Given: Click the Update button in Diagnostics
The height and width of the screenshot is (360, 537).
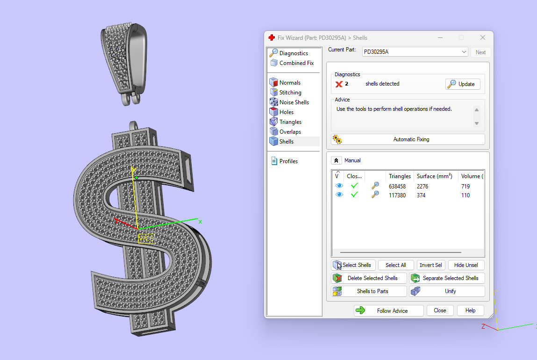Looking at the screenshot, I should point(462,84).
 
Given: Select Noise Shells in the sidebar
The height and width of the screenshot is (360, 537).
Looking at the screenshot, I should point(294,102).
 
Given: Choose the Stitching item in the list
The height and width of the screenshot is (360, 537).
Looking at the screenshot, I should point(290,93).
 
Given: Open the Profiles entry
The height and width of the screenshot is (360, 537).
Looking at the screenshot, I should point(288,161).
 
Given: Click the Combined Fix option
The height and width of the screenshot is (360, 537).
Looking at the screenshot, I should point(296,63).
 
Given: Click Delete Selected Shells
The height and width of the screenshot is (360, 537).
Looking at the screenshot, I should point(369,278).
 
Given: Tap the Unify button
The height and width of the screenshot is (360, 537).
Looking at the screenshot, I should point(447,291).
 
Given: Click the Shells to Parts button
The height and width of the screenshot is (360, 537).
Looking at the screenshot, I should point(369,291).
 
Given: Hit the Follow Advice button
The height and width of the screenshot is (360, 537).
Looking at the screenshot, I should point(388,311).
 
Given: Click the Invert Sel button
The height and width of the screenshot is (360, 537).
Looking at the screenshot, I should point(430,265).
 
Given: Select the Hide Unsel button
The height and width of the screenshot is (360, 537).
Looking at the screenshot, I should point(465,265).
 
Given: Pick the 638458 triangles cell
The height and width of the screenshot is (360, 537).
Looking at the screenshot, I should point(397,187).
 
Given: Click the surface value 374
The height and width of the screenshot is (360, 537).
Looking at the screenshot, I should point(422,195).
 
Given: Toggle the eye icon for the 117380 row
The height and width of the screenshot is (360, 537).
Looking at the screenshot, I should point(339,195).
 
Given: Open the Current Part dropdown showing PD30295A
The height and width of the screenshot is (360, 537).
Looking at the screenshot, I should point(415,52).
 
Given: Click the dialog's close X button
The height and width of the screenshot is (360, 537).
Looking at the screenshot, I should point(483,38).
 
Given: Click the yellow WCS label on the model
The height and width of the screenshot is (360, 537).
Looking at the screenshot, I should point(146,238).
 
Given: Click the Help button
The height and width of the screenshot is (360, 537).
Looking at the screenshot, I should point(470,310).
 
